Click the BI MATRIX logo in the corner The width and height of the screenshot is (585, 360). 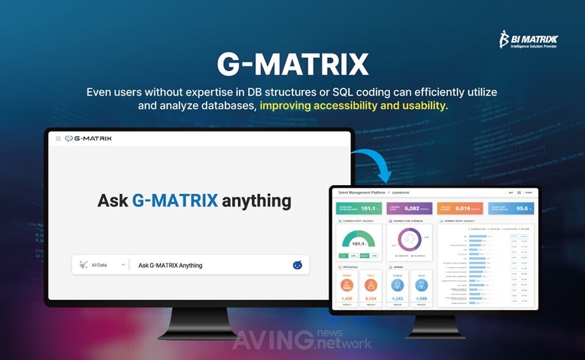point(528,40)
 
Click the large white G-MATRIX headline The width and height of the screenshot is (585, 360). point(293,65)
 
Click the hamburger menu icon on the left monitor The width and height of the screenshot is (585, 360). point(58,139)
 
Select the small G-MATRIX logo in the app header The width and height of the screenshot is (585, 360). point(88,139)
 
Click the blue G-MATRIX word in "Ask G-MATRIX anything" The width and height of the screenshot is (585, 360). point(174,200)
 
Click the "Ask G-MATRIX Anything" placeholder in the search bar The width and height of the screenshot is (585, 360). point(171,265)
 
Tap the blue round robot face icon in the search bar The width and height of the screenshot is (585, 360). point(297,265)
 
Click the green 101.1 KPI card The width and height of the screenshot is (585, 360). point(359,208)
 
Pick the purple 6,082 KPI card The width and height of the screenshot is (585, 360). point(409,208)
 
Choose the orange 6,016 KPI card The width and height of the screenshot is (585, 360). point(460,208)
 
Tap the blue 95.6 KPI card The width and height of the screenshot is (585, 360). point(511,208)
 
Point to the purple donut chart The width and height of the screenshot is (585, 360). point(409,240)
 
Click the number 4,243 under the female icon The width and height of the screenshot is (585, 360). point(397,298)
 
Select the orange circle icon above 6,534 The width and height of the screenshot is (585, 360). point(370,285)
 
